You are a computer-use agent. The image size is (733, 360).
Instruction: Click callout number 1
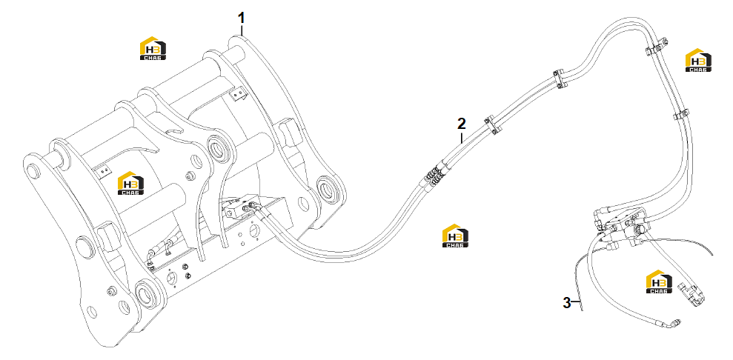tap(241, 18)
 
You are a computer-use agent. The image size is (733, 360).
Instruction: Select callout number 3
tap(566, 303)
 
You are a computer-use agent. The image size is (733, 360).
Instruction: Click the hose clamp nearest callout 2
tap(490, 124)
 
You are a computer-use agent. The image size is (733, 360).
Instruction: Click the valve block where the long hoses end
tap(621, 225)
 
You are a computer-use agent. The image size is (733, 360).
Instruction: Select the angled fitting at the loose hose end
tap(673, 323)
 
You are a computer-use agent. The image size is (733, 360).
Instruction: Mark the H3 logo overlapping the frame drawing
tap(130, 183)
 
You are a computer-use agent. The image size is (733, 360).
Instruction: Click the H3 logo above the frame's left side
tap(153, 48)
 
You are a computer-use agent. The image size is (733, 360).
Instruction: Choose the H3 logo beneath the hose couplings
tap(455, 236)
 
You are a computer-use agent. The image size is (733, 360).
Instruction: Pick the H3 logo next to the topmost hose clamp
tap(698, 60)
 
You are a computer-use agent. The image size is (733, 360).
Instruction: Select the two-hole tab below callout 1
tap(239, 95)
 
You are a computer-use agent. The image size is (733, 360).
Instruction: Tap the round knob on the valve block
tap(640, 230)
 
